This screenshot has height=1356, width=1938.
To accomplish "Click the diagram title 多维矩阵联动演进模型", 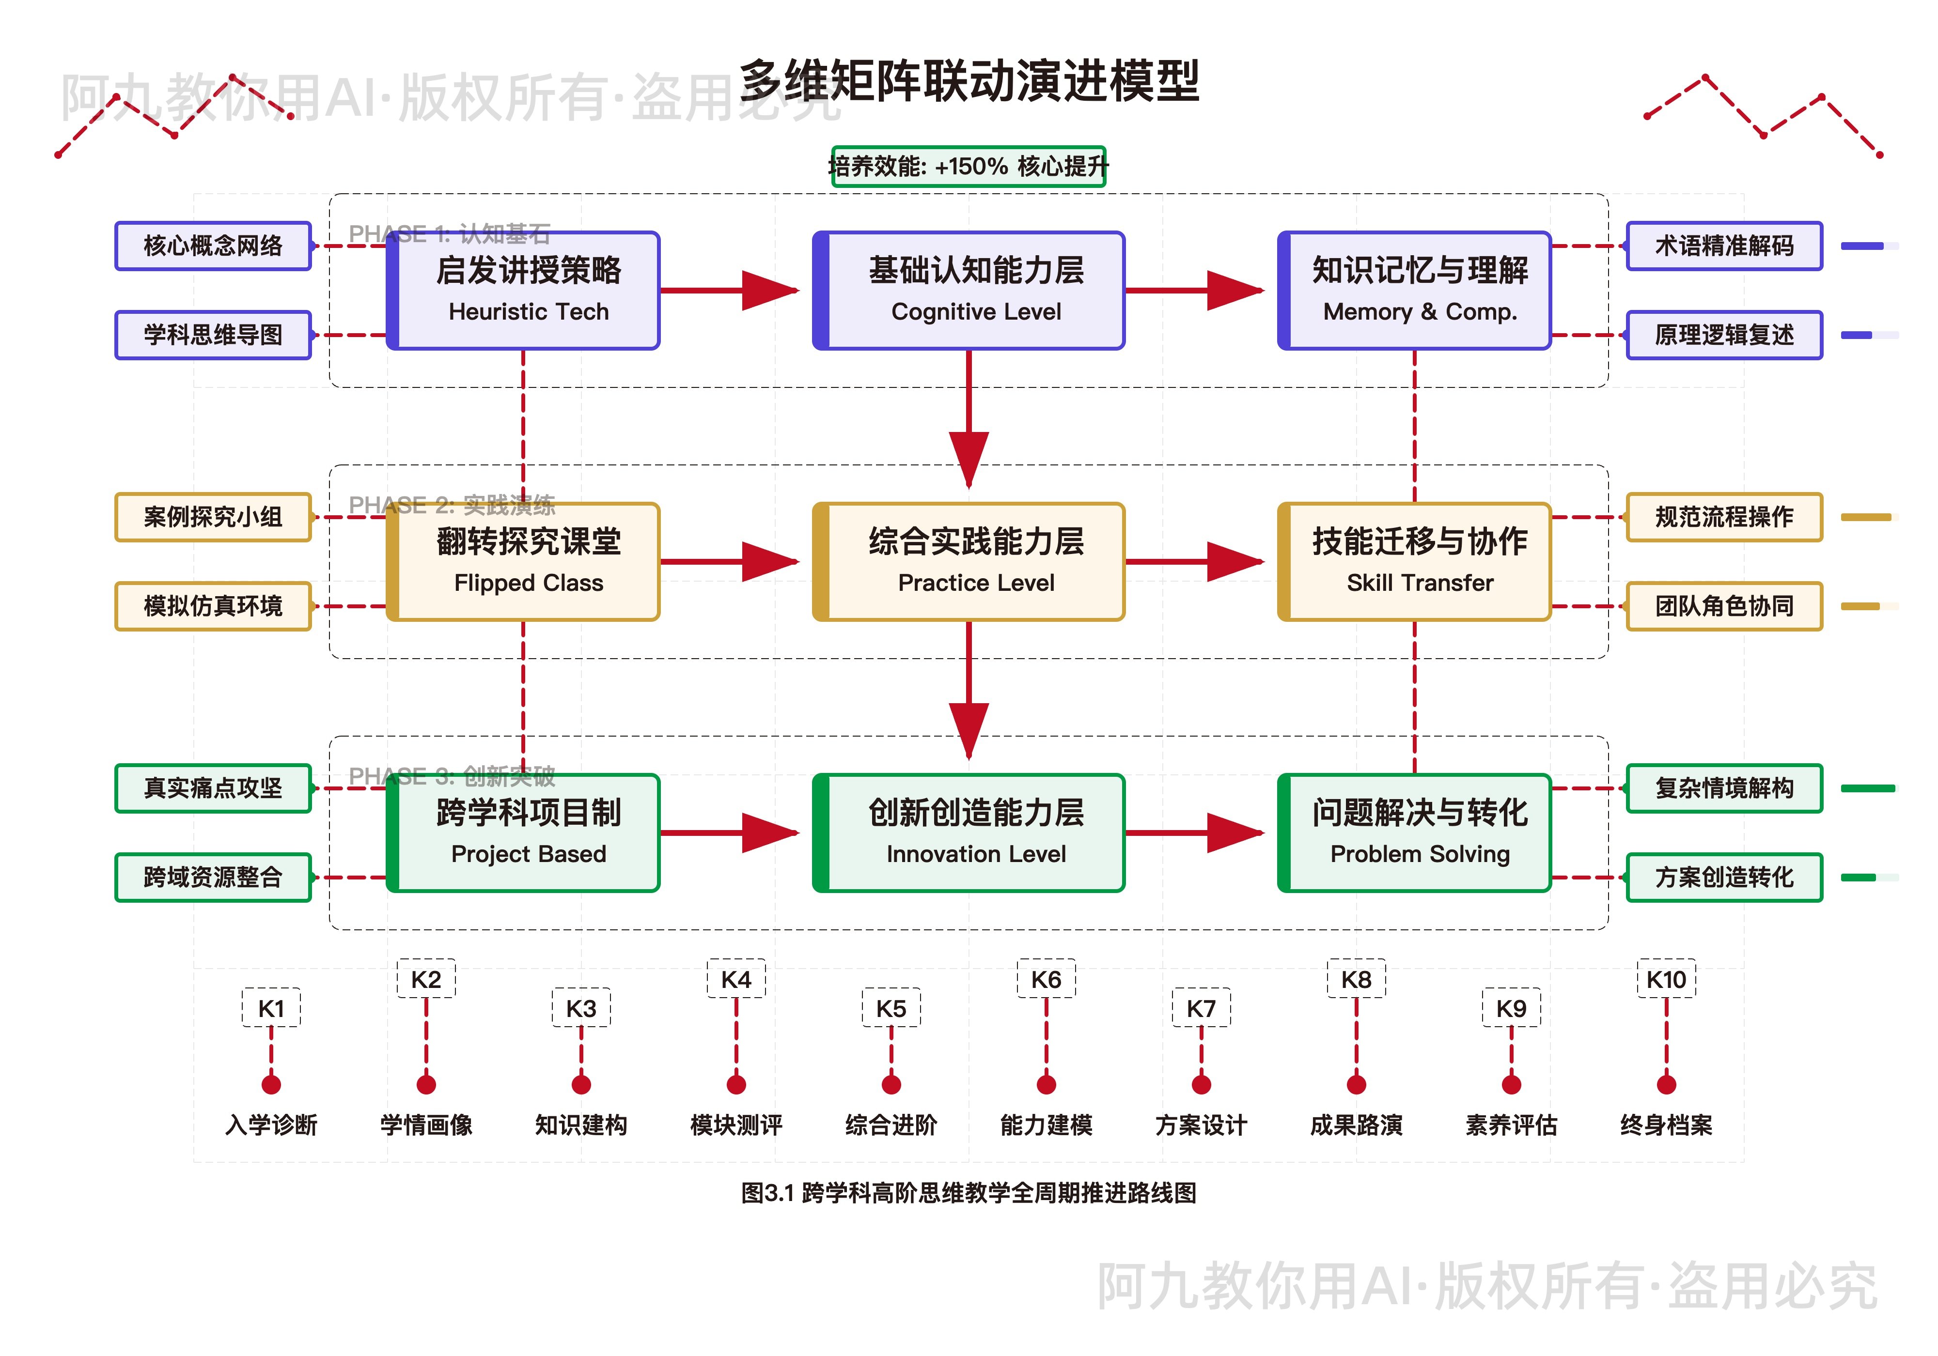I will coord(969,82).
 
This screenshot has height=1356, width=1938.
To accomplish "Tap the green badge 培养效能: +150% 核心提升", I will coord(968,166).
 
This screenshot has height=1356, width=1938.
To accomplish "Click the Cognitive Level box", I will coord(969,290).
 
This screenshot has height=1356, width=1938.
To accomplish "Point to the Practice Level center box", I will coord(969,562).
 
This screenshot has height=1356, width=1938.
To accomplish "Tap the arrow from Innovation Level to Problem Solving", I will coord(1194,833).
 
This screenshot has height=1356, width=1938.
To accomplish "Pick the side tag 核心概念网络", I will coord(213,246).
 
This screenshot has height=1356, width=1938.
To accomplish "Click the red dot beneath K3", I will coord(581,1084).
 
